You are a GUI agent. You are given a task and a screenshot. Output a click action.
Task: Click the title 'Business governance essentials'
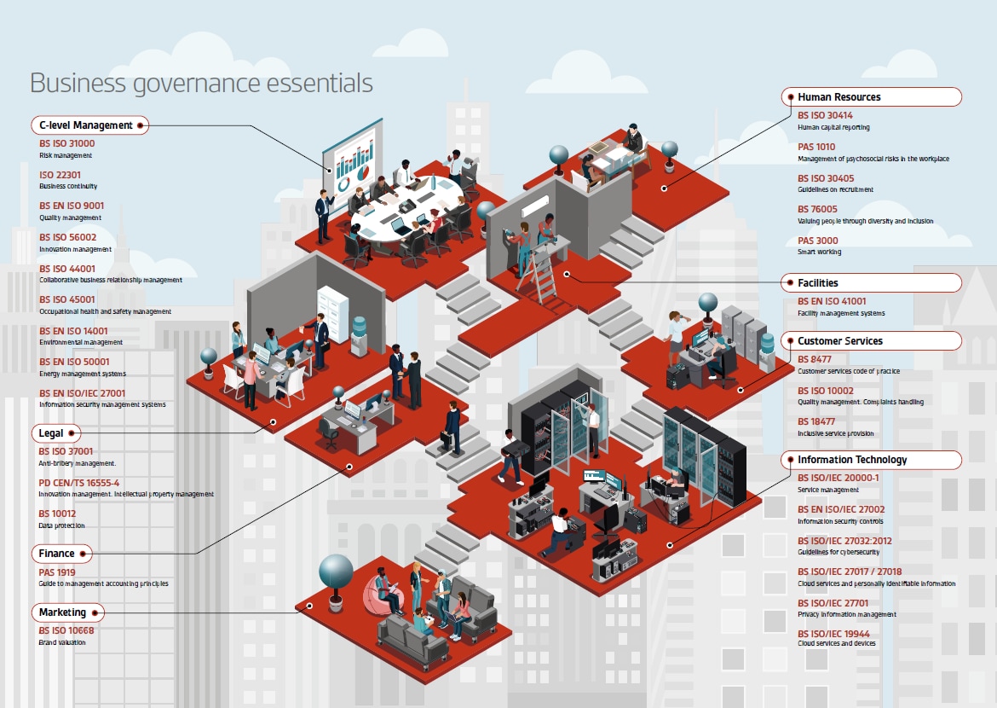coord(201,83)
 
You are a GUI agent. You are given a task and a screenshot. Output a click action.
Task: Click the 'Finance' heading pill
coord(61,554)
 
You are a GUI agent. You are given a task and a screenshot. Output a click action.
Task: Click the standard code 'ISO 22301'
coord(60,175)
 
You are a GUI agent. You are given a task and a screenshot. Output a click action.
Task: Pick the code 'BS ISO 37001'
coord(66,451)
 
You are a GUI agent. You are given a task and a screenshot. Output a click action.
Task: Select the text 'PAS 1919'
coord(56,572)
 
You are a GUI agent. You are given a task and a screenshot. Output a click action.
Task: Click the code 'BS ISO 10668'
coord(66,631)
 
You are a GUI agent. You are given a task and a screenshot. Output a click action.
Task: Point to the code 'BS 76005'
coord(818,210)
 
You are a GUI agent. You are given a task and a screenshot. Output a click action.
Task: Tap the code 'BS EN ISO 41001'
coord(832,301)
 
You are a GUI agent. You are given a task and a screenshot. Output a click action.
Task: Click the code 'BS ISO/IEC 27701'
coord(833,603)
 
